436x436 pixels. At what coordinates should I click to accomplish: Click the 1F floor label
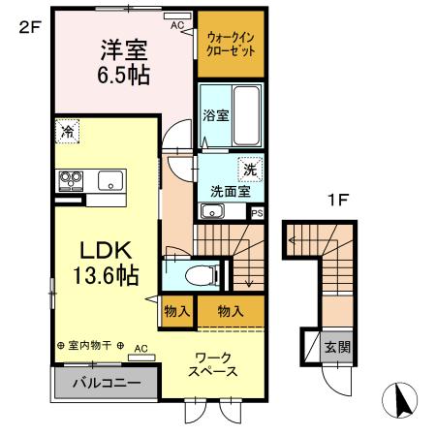click(x=337, y=202)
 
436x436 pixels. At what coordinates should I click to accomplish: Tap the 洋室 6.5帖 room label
click(x=125, y=61)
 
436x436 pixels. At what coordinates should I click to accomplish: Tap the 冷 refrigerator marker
click(x=68, y=130)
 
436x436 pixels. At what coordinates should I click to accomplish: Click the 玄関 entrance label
click(x=336, y=348)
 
